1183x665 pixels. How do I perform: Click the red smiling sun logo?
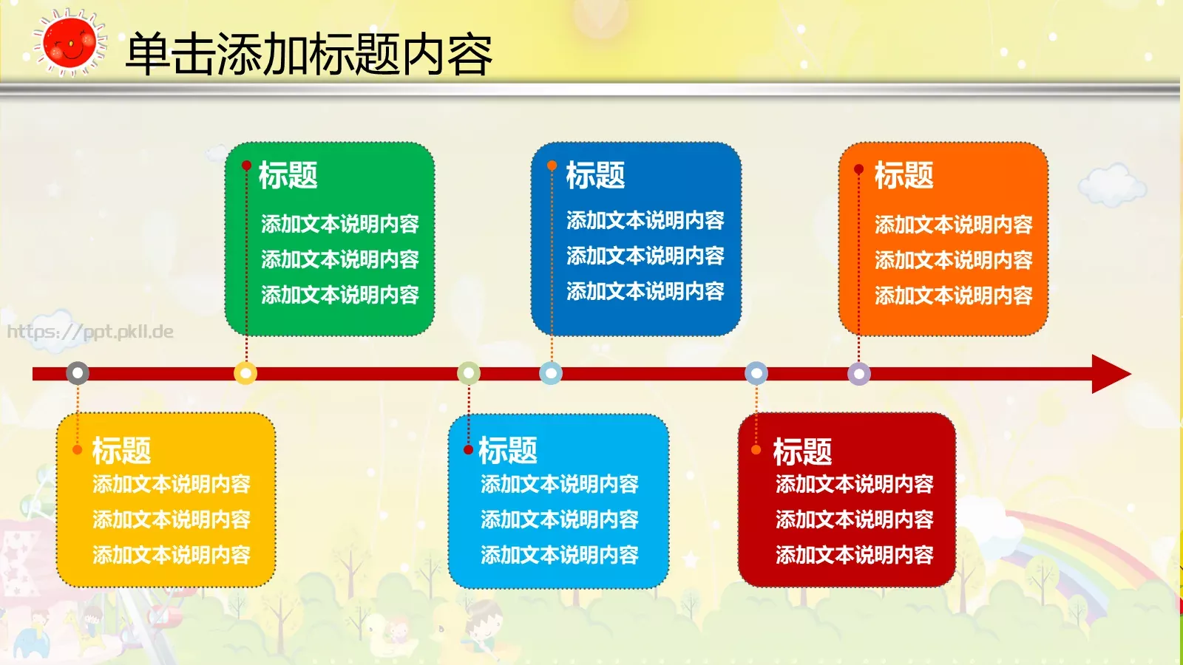click(69, 43)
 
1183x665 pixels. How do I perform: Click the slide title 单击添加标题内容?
click(308, 54)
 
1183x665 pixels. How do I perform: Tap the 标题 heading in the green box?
click(288, 176)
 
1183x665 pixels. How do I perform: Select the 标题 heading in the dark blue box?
click(595, 176)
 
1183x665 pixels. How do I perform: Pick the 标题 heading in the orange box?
click(904, 176)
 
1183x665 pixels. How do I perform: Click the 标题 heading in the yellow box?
click(121, 450)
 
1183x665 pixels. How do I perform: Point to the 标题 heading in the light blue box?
click(507, 450)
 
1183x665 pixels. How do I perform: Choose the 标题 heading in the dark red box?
click(802, 451)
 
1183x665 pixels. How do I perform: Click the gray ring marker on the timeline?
click(78, 373)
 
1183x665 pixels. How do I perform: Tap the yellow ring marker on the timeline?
click(245, 373)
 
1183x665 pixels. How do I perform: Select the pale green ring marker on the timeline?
click(469, 373)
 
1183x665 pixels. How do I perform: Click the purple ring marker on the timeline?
click(858, 373)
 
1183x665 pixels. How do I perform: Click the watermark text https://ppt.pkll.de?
click(90, 332)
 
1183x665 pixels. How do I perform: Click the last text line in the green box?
click(339, 295)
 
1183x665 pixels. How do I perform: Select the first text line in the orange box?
click(953, 224)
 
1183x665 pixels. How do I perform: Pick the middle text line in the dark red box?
click(854, 519)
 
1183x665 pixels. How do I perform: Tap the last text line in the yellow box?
click(172, 555)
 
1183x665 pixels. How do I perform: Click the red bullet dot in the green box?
click(246, 166)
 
